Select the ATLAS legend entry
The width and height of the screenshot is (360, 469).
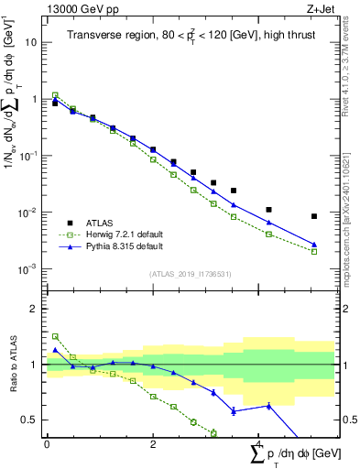click(101, 223)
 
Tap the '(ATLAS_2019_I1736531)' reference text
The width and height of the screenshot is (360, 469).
click(190, 274)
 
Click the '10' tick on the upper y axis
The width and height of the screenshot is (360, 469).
click(31, 42)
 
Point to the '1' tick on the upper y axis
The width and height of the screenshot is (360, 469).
click(34, 99)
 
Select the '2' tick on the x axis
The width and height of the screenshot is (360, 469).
click(153, 444)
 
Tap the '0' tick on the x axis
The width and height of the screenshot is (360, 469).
click(47, 444)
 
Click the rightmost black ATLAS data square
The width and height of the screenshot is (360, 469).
click(314, 216)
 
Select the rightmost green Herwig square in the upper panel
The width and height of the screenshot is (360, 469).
click(314, 251)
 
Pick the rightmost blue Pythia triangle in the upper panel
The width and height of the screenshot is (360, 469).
click(314, 245)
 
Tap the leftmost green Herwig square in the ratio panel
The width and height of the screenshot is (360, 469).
click(55, 336)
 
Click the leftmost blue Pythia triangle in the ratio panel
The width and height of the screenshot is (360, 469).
click(55, 350)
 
